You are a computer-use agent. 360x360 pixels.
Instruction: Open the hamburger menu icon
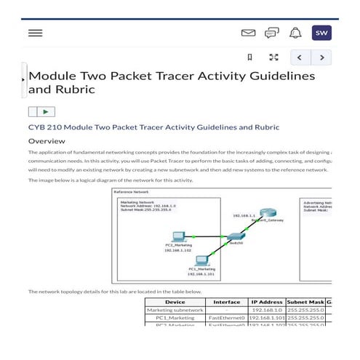pyautogui.click(x=35, y=33)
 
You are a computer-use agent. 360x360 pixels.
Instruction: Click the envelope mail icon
pyautogui.click(x=248, y=33)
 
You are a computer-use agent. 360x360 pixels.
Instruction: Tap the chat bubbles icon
pyautogui.click(x=271, y=33)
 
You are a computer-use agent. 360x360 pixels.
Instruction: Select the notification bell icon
pyautogui.click(x=295, y=33)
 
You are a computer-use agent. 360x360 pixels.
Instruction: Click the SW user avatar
pyautogui.click(x=321, y=33)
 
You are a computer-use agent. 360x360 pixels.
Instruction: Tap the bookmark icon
pyautogui.click(x=249, y=57)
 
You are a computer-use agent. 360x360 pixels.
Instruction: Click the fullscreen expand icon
pyautogui.click(x=273, y=57)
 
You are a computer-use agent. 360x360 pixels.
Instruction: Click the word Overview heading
pyautogui.click(x=47, y=141)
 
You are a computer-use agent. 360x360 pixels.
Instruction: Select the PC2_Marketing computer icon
pyautogui.click(x=177, y=236)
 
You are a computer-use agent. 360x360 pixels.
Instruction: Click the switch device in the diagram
pyautogui.click(x=235, y=237)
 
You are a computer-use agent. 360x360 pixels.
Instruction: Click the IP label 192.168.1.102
pyautogui.click(x=177, y=250)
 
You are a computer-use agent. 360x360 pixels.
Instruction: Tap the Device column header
pyautogui.click(x=175, y=302)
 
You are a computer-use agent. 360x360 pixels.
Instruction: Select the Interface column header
pyautogui.click(x=226, y=302)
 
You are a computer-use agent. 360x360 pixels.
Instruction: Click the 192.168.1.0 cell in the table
pyautogui.click(x=267, y=310)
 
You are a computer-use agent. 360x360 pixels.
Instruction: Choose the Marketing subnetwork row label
pyautogui.click(x=175, y=310)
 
